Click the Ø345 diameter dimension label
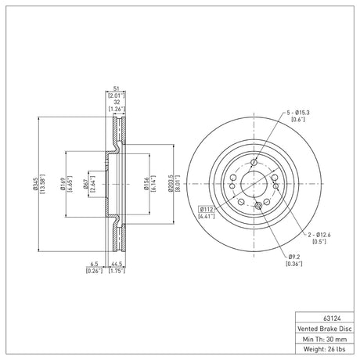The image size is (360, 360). click(x=35, y=184)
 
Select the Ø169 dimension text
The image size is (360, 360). click(x=63, y=184)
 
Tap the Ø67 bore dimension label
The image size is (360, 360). click(x=85, y=184)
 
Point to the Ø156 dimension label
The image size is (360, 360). click(x=146, y=184)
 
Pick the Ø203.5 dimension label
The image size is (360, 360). click(x=171, y=184)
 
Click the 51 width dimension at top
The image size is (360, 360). click(x=116, y=88)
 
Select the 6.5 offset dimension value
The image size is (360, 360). click(x=94, y=265)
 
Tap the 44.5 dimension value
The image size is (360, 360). click(x=117, y=265)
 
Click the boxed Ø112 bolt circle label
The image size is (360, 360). click(x=207, y=209)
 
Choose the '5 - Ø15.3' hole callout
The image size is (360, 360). click(x=298, y=113)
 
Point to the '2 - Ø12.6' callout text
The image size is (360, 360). click(x=319, y=235)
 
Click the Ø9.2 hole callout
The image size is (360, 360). click(x=294, y=257)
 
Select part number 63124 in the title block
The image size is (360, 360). click(x=332, y=319)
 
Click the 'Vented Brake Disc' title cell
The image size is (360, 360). click(x=325, y=329)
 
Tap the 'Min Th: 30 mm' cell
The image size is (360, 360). click(x=325, y=339)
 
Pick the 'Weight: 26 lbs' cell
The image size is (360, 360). click(x=325, y=349)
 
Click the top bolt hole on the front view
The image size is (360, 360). click(x=254, y=163)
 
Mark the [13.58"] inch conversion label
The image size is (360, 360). click(x=41, y=184)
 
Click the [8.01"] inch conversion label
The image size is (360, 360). click(x=178, y=184)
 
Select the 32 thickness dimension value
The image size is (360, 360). click(x=117, y=103)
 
